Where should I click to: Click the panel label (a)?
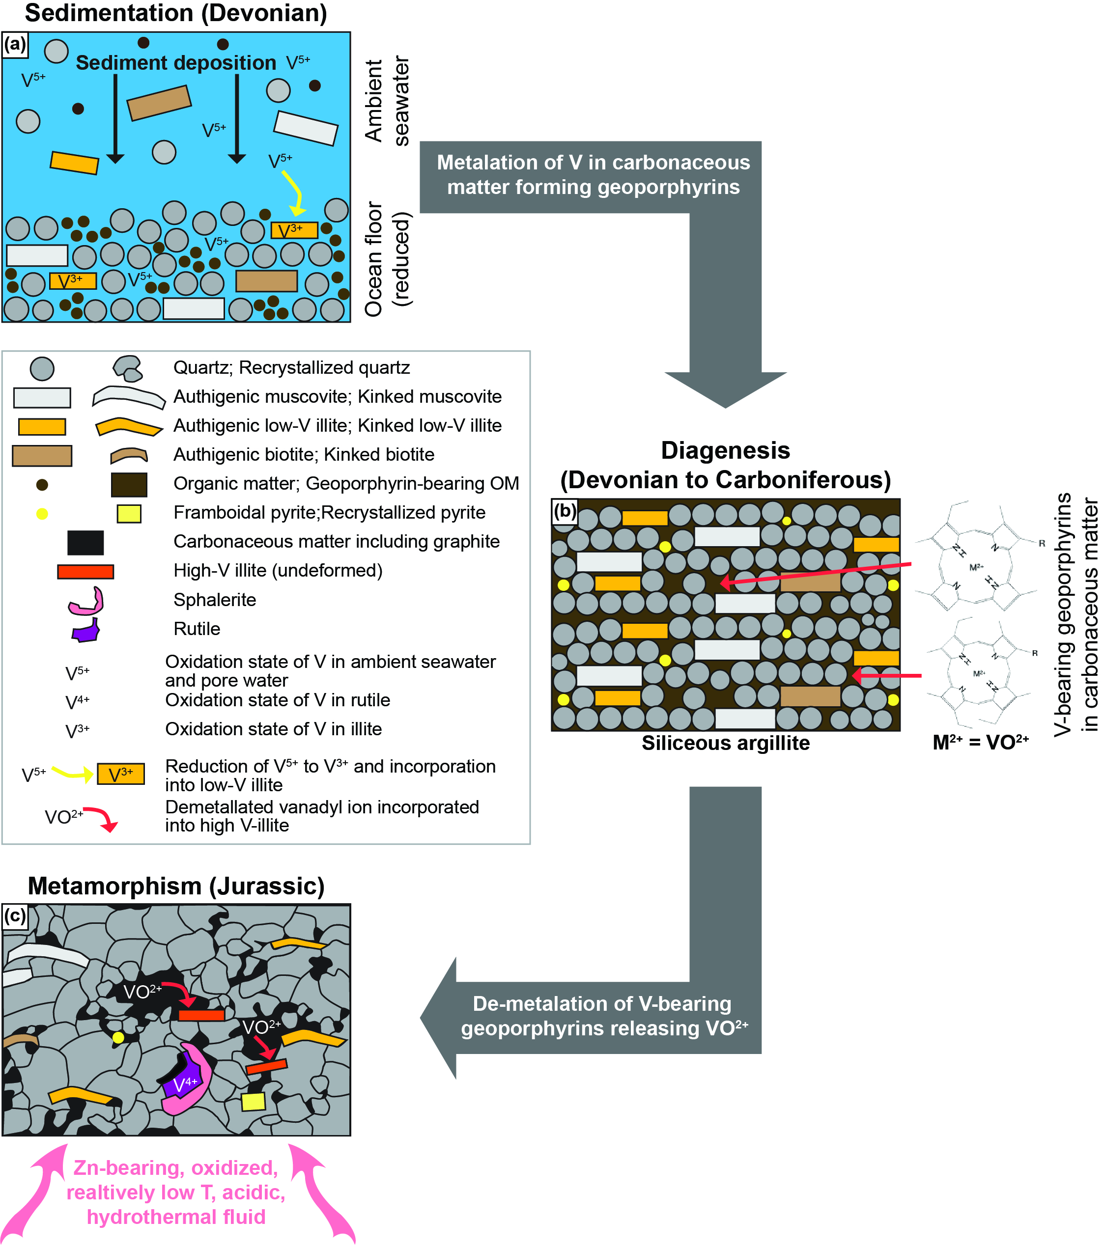[x=15, y=44]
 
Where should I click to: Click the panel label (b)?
[x=565, y=510]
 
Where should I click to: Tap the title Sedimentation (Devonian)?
[x=176, y=13]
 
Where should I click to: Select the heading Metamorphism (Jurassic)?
[x=176, y=886]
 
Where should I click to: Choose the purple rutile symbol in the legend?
[x=86, y=631]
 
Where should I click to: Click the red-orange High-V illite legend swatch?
[x=85, y=572]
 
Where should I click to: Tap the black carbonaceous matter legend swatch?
[x=85, y=542]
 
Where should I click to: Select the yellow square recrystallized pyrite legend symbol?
[x=129, y=513]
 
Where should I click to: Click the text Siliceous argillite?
[x=726, y=743]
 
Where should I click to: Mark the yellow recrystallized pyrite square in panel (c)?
[x=254, y=1102]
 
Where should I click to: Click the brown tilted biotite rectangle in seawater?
[x=159, y=103]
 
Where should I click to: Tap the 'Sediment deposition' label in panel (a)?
[x=176, y=63]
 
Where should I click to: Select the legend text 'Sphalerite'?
[x=214, y=600]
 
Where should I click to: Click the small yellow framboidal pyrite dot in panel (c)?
[x=118, y=1037]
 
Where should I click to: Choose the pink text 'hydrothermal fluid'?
[x=176, y=1217]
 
